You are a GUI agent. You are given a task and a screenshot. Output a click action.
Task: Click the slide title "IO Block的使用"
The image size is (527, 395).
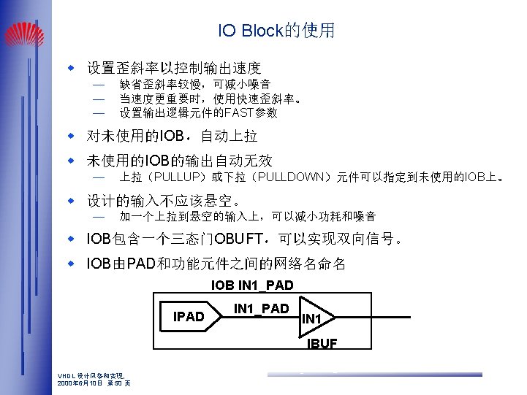click(x=276, y=31)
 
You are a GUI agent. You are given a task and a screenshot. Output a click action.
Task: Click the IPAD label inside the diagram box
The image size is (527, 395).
click(x=189, y=317)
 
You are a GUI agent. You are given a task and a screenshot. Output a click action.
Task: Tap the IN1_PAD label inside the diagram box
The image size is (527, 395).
click(x=261, y=309)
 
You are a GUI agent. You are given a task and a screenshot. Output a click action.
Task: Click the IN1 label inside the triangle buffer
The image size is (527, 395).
click(x=312, y=319)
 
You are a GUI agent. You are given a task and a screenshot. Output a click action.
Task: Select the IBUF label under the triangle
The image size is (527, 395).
click(x=322, y=344)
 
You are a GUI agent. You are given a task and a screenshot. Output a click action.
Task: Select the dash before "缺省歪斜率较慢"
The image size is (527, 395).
click(x=99, y=85)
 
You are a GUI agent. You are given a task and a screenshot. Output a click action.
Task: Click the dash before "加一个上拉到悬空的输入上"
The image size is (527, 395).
click(x=99, y=217)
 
